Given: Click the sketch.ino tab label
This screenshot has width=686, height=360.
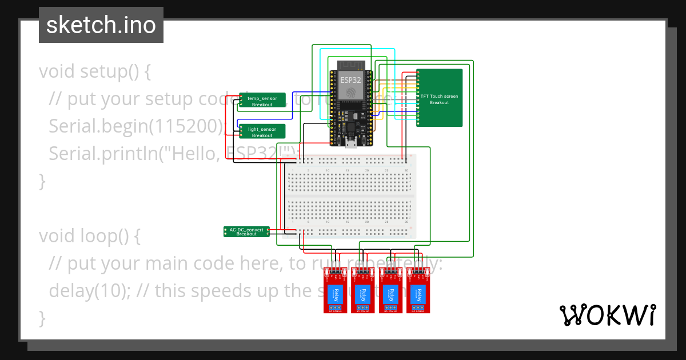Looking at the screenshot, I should click(x=101, y=25).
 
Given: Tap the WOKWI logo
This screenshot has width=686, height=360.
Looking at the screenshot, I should click(x=607, y=315).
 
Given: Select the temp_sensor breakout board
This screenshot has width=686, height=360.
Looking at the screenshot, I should click(x=262, y=101).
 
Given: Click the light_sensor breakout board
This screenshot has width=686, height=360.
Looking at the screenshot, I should click(x=262, y=132).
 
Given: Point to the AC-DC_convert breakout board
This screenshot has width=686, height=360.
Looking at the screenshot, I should click(x=246, y=231).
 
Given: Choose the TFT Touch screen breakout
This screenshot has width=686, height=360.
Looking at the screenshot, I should click(x=439, y=98).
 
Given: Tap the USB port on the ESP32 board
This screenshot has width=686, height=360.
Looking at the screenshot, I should click(x=350, y=142).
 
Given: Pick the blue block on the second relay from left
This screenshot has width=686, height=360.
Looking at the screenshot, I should click(x=361, y=295).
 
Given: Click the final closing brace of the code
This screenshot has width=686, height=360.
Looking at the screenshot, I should click(x=42, y=317).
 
